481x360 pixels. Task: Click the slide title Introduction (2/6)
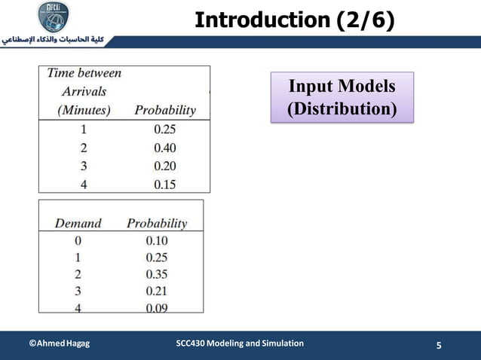[x=294, y=20]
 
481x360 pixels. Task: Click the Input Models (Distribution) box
[x=342, y=97]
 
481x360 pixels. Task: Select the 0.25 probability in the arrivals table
[x=164, y=129]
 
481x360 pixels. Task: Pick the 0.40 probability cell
[x=164, y=148]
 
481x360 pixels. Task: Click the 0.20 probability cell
[x=164, y=166]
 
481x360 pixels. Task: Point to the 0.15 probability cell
[x=164, y=185]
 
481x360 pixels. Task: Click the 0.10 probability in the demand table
[x=157, y=241]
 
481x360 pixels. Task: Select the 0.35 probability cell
[x=157, y=274]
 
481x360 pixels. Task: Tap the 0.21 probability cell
[x=157, y=291]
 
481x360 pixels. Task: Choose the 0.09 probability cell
[x=157, y=307]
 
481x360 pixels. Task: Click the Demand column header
[x=78, y=223]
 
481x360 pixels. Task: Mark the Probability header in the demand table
[x=157, y=223]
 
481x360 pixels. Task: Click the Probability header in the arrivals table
[x=164, y=110]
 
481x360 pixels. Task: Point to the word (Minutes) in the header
[x=84, y=110]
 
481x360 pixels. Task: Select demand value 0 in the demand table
[x=78, y=241]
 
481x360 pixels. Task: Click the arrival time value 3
[x=84, y=166]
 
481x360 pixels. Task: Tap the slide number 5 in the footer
[x=440, y=346]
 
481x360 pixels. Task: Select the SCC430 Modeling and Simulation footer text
[x=240, y=343]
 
